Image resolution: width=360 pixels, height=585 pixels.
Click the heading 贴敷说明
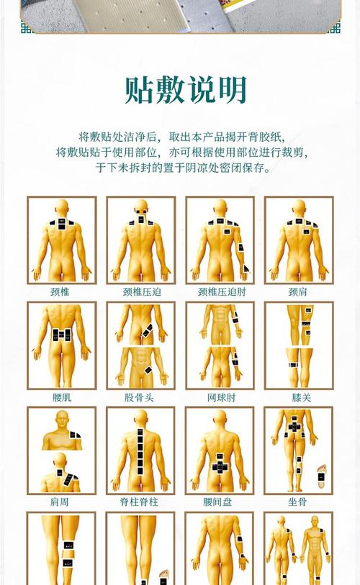(186, 90)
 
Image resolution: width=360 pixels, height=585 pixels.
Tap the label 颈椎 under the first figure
(61, 292)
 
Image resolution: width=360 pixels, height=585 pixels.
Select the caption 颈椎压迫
(140, 292)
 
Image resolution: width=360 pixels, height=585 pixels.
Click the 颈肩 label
(298, 292)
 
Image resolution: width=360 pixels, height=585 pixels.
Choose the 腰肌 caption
(61, 397)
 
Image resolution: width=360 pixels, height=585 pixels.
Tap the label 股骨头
(140, 397)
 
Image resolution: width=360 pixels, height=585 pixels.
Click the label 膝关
(298, 397)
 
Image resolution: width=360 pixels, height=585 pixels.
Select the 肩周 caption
(61, 502)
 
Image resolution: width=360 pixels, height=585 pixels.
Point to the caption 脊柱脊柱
(140, 502)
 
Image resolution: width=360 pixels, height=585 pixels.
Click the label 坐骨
(298, 502)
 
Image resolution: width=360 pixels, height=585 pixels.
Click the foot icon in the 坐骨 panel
(321, 473)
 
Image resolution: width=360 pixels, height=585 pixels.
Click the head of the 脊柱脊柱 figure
(140, 417)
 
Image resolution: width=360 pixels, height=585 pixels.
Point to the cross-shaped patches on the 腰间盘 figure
(220, 466)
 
